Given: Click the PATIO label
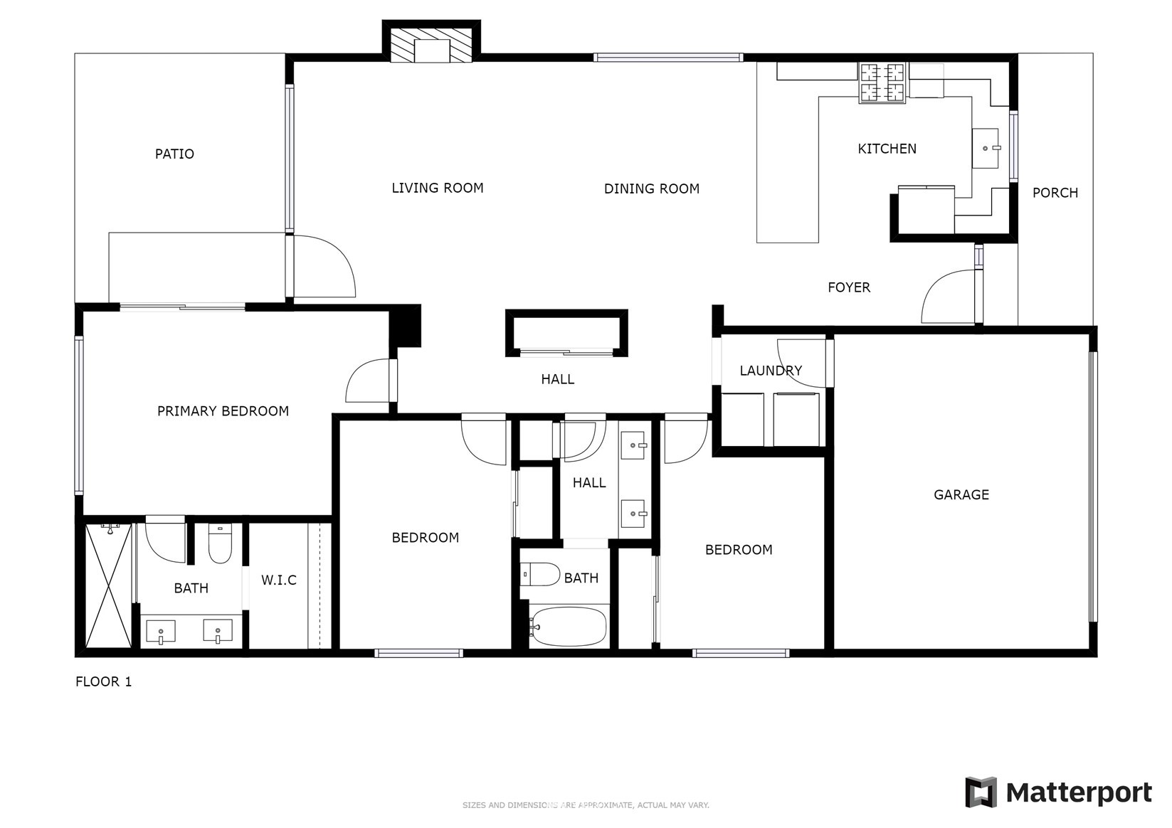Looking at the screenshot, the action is click(x=174, y=154).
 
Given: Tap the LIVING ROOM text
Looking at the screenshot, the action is click(x=438, y=188).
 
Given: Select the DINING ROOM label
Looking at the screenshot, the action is click(x=651, y=189).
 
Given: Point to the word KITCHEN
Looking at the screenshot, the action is click(x=887, y=149).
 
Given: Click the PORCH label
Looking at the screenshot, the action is click(x=1055, y=193).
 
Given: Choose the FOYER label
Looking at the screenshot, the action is click(x=849, y=287).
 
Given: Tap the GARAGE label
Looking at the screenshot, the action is click(x=961, y=494).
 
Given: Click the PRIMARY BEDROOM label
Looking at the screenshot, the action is click(x=223, y=411).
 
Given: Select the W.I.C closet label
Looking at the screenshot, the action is click(x=279, y=580).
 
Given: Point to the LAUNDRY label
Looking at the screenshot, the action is click(x=771, y=371).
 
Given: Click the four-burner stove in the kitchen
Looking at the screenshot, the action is click(x=882, y=82).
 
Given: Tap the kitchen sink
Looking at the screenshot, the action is click(x=986, y=149).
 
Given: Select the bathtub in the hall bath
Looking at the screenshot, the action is click(x=569, y=626).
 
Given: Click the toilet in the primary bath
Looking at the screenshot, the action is click(x=221, y=544).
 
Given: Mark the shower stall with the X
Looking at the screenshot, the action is click(x=108, y=585).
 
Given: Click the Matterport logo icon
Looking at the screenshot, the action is click(x=981, y=792).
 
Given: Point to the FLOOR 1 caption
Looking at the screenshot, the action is click(x=104, y=681).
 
